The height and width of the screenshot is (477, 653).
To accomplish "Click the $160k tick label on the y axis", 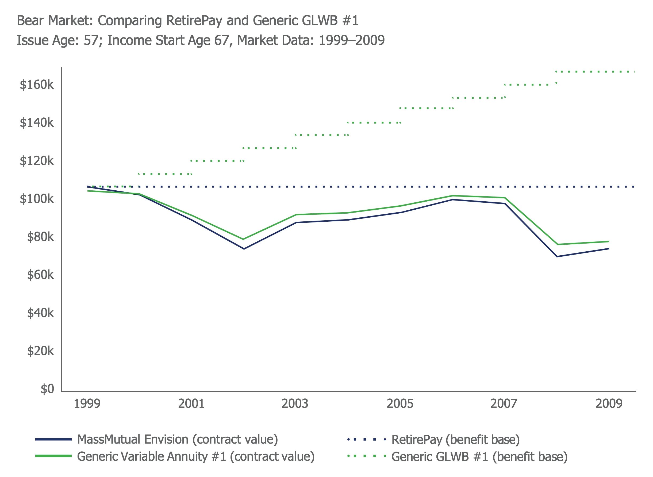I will tap(37, 85).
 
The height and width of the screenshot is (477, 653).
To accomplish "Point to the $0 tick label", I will tap(47, 389).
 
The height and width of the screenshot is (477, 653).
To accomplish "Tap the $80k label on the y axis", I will tap(40, 237).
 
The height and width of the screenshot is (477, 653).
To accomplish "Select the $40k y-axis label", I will tap(40, 313).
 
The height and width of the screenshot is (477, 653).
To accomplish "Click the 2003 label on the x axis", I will tap(295, 404).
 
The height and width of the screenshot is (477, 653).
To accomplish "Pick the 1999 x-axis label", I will tap(87, 404).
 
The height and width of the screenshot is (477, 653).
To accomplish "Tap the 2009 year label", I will tap(609, 404).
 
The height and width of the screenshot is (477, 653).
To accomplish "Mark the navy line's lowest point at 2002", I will tap(244, 249).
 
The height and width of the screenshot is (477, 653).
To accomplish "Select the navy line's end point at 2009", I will tap(609, 249).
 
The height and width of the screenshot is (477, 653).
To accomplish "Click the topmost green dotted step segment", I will tap(595, 72).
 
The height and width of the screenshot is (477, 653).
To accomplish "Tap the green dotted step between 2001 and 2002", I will tap(217, 161).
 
